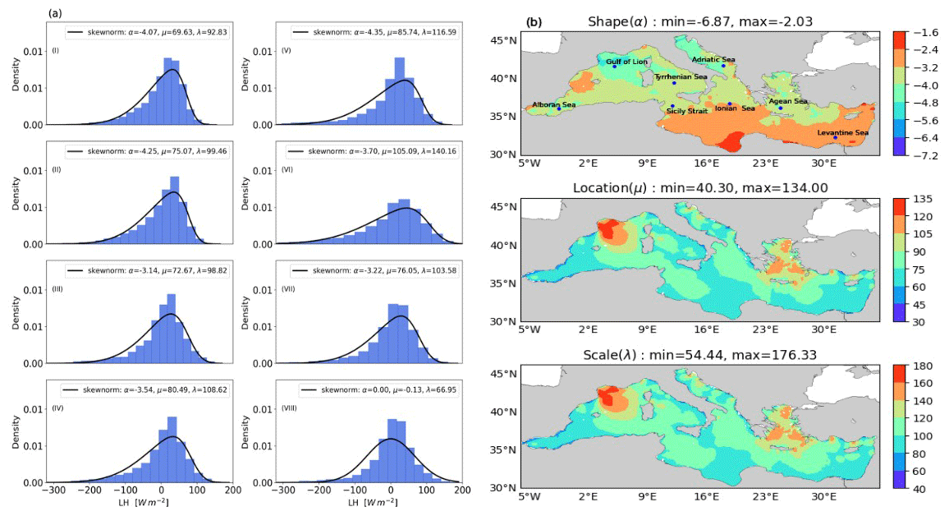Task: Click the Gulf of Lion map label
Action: [626, 62]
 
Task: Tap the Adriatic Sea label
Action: [713, 59]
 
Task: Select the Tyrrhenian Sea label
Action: [681, 77]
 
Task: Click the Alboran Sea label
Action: [554, 105]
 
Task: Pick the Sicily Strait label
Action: [687, 110]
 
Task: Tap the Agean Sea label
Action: [788, 101]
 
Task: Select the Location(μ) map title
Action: [700, 188]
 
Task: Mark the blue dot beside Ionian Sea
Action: [729, 104]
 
